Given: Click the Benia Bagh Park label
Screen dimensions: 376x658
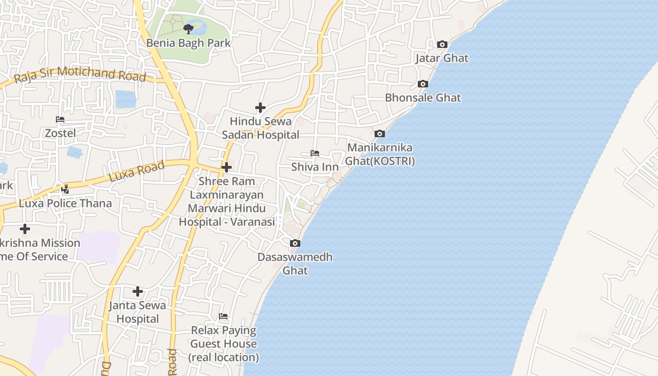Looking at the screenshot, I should [x=188, y=43].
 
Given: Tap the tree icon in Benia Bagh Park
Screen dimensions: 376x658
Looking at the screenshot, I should [x=188, y=29].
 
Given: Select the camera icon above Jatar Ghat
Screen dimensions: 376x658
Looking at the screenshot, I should [x=442, y=44].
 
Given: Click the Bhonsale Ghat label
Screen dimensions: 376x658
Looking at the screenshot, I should [x=423, y=98].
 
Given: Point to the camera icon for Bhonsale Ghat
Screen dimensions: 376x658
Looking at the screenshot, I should [x=423, y=84].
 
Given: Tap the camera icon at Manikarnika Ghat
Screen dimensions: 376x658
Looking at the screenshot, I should [x=380, y=134].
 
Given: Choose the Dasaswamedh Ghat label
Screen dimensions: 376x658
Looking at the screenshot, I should [x=295, y=264].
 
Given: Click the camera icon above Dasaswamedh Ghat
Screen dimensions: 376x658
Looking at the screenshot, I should [x=295, y=243].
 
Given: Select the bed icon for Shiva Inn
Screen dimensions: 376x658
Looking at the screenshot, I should [x=315, y=153].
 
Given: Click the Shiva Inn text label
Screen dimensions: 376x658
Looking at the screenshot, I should [x=315, y=167].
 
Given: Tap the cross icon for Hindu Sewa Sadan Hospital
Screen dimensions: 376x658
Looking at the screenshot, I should [x=260, y=108].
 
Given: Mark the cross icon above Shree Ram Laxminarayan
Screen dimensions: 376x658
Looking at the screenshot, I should [x=227, y=167].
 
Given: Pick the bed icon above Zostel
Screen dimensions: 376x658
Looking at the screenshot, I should [x=60, y=119].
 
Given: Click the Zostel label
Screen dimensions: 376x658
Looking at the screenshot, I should [x=60, y=133].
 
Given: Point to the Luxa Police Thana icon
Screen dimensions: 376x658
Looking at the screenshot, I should [x=65, y=189].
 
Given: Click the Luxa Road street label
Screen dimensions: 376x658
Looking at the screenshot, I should [x=137, y=171].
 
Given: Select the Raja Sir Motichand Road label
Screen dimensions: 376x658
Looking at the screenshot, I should [x=80, y=75].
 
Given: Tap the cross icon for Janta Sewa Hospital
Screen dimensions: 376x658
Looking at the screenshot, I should [x=138, y=291].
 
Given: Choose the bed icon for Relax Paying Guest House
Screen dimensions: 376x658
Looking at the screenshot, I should [x=223, y=316].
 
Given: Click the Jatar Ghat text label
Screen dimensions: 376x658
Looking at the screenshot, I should [x=442, y=58].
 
